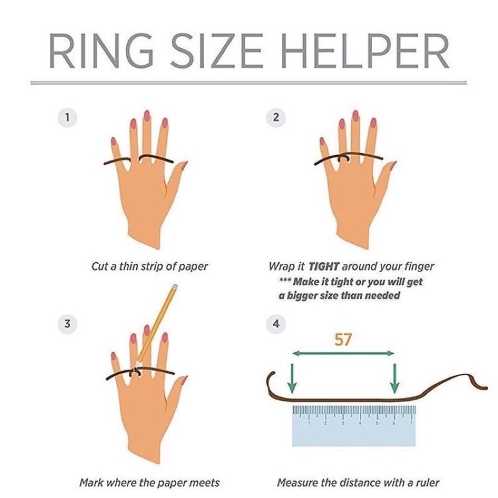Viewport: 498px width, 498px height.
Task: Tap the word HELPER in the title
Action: (365, 51)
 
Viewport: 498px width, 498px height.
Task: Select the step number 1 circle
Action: (67, 118)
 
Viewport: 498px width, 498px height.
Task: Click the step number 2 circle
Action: (276, 118)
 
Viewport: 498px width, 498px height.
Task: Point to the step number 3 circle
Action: (67, 324)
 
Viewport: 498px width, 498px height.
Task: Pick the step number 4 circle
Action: (276, 324)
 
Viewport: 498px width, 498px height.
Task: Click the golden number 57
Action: (343, 339)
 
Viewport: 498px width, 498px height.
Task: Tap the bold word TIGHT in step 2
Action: (324, 266)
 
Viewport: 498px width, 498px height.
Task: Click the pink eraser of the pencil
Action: (174, 287)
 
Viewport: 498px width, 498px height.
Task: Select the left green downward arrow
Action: (292, 378)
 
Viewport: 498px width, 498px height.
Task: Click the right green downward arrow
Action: (395, 378)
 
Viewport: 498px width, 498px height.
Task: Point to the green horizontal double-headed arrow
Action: (343, 353)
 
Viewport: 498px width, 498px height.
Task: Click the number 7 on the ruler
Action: (411, 423)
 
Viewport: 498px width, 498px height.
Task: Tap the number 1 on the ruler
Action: (309, 423)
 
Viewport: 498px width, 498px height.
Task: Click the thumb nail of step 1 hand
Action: (184, 165)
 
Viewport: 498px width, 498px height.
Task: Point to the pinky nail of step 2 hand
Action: (322, 141)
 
